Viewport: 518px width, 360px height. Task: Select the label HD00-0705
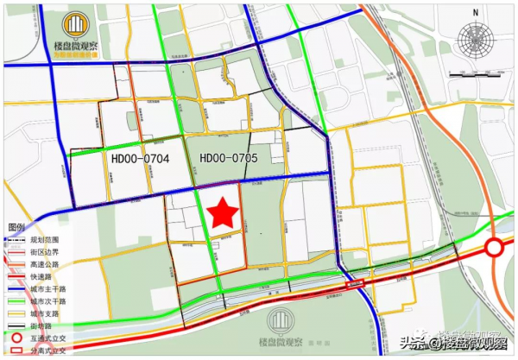[228, 159]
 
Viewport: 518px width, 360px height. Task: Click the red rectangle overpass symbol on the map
[356, 282]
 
